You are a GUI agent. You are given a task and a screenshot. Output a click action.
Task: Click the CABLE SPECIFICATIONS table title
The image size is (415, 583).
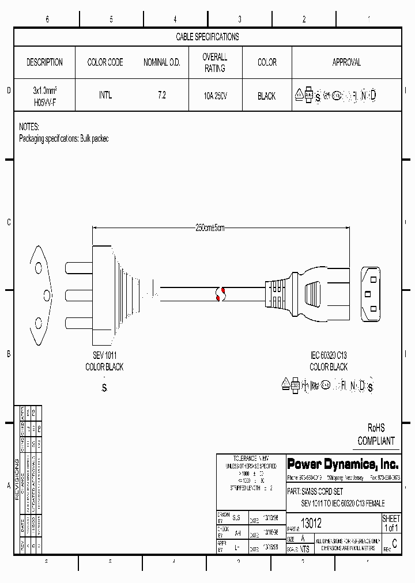(x=207, y=37)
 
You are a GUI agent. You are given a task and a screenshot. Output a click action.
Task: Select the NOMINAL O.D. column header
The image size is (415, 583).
(x=161, y=62)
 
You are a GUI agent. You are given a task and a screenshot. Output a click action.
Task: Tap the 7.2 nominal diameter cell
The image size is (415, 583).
(x=161, y=96)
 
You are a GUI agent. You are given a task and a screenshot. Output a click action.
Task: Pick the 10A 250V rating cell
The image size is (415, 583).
(x=214, y=96)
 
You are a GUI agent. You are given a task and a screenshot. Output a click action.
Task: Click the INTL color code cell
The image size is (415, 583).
(x=105, y=96)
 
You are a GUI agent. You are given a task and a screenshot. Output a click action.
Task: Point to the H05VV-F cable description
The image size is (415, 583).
(x=44, y=101)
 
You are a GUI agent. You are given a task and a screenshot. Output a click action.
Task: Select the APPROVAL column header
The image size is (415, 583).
(x=346, y=62)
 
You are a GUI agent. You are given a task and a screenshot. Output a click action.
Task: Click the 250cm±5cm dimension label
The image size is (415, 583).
(x=209, y=228)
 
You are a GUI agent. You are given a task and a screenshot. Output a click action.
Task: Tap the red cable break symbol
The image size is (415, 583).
(x=219, y=294)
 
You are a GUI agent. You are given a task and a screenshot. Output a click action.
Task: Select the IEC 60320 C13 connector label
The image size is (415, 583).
(x=329, y=356)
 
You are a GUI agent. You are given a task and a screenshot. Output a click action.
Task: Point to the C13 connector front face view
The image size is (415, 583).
(x=371, y=294)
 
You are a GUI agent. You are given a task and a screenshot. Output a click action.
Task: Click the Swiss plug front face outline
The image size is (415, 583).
(x=40, y=294)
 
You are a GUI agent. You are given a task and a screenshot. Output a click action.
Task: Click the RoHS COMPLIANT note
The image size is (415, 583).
(x=376, y=434)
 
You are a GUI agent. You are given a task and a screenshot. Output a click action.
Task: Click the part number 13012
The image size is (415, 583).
(x=311, y=524)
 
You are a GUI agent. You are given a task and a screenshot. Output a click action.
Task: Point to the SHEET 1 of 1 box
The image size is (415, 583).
(x=391, y=523)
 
